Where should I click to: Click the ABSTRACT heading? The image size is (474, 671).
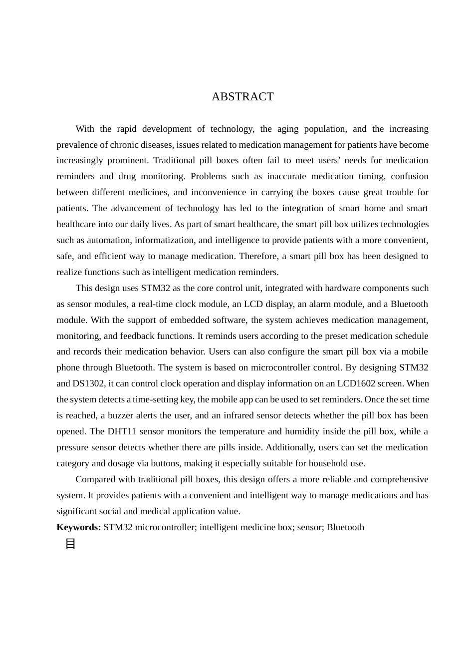[242, 97]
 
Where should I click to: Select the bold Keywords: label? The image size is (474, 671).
[79, 527]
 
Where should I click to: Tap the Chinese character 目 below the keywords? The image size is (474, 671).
[70, 544]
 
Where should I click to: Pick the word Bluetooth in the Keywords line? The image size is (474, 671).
[345, 527]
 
